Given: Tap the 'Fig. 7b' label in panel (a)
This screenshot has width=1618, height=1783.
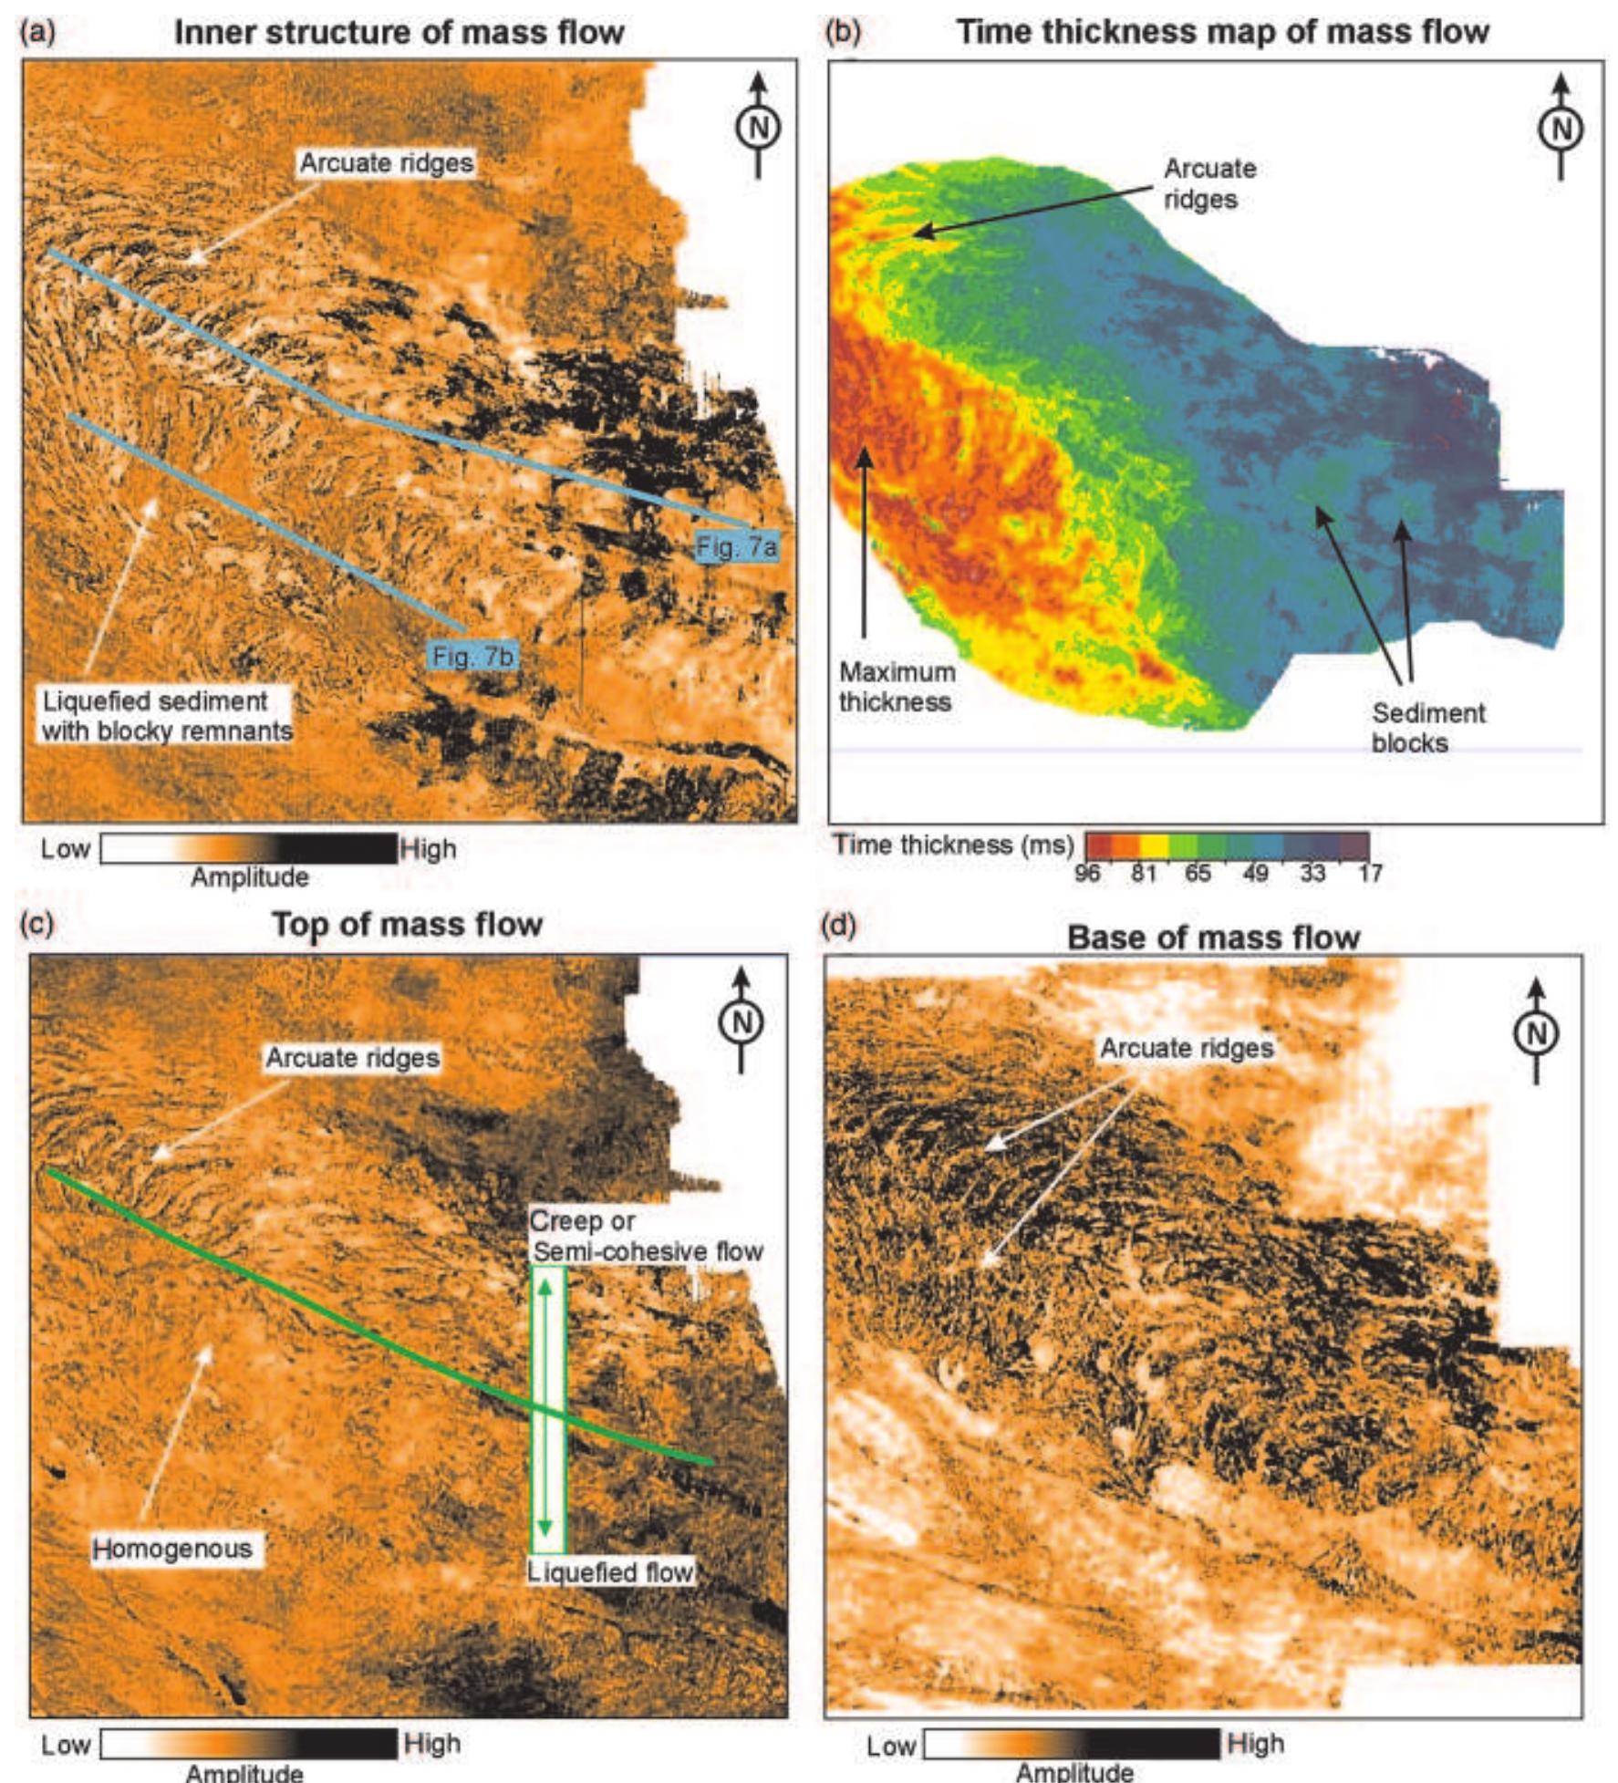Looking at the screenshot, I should click(x=473, y=656).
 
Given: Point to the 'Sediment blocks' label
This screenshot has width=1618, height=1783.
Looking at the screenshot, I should click(x=1427, y=727).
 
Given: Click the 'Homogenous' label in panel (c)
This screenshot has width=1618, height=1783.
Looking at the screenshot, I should click(x=172, y=1548).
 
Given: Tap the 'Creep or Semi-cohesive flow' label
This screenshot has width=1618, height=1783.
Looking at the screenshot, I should click(x=646, y=1236).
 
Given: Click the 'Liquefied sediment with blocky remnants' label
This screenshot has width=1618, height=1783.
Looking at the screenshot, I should click(x=167, y=715).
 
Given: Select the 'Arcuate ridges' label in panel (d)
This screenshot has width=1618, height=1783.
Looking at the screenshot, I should click(x=1186, y=1048).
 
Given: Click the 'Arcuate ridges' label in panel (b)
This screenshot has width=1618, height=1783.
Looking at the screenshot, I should click(x=1209, y=183).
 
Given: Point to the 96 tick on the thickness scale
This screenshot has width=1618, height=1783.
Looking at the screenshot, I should click(x=1087, y=873).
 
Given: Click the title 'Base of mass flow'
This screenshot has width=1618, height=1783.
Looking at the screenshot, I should click(x=1213, y=938).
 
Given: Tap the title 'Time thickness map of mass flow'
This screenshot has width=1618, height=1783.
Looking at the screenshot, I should click(x=1222, y=32).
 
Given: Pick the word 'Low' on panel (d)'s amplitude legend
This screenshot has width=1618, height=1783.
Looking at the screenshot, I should click(x=891, y=1746).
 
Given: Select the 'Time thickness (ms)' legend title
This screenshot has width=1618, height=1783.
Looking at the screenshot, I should click(x=953, y=845).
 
